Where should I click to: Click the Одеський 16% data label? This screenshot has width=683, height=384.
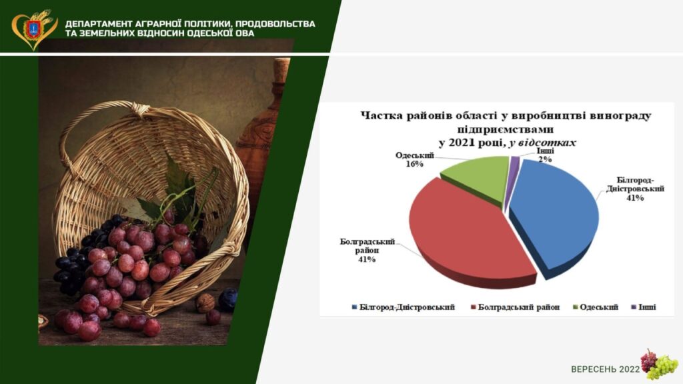[x=415, y=159]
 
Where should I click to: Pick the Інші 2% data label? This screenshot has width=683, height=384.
[x=545, y=155]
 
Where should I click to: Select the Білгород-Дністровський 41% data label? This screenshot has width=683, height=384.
[x=635, y=189]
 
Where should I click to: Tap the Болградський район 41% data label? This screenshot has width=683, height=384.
[x=367, y=251]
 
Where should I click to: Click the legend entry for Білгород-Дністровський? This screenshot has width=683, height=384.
[x=403, y=307]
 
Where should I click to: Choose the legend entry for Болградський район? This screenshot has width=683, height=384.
[x=516, y=307]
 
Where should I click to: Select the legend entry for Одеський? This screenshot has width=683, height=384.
[x=595, y=307]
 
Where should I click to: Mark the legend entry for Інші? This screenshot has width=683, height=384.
[x=644, y=307]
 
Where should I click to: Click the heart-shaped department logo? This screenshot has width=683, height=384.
[x=34, y=29]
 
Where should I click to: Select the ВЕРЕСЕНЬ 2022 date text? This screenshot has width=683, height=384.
[x=605, y=369]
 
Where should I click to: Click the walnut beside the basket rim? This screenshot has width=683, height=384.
[x=205, y=303]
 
